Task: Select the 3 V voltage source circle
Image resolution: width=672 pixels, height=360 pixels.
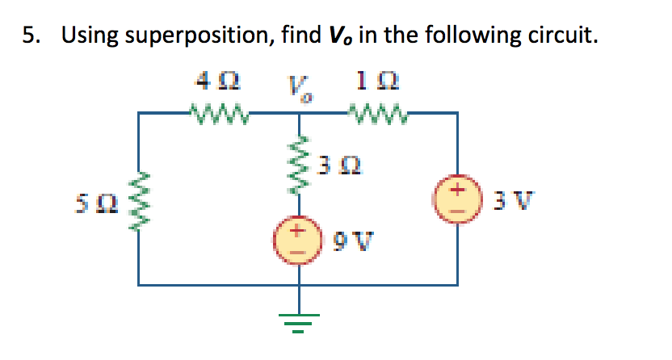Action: coord(459,198)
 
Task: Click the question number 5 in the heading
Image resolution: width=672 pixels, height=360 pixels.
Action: coord(29,36)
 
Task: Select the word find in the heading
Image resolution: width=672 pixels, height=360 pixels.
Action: coord(300,36)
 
